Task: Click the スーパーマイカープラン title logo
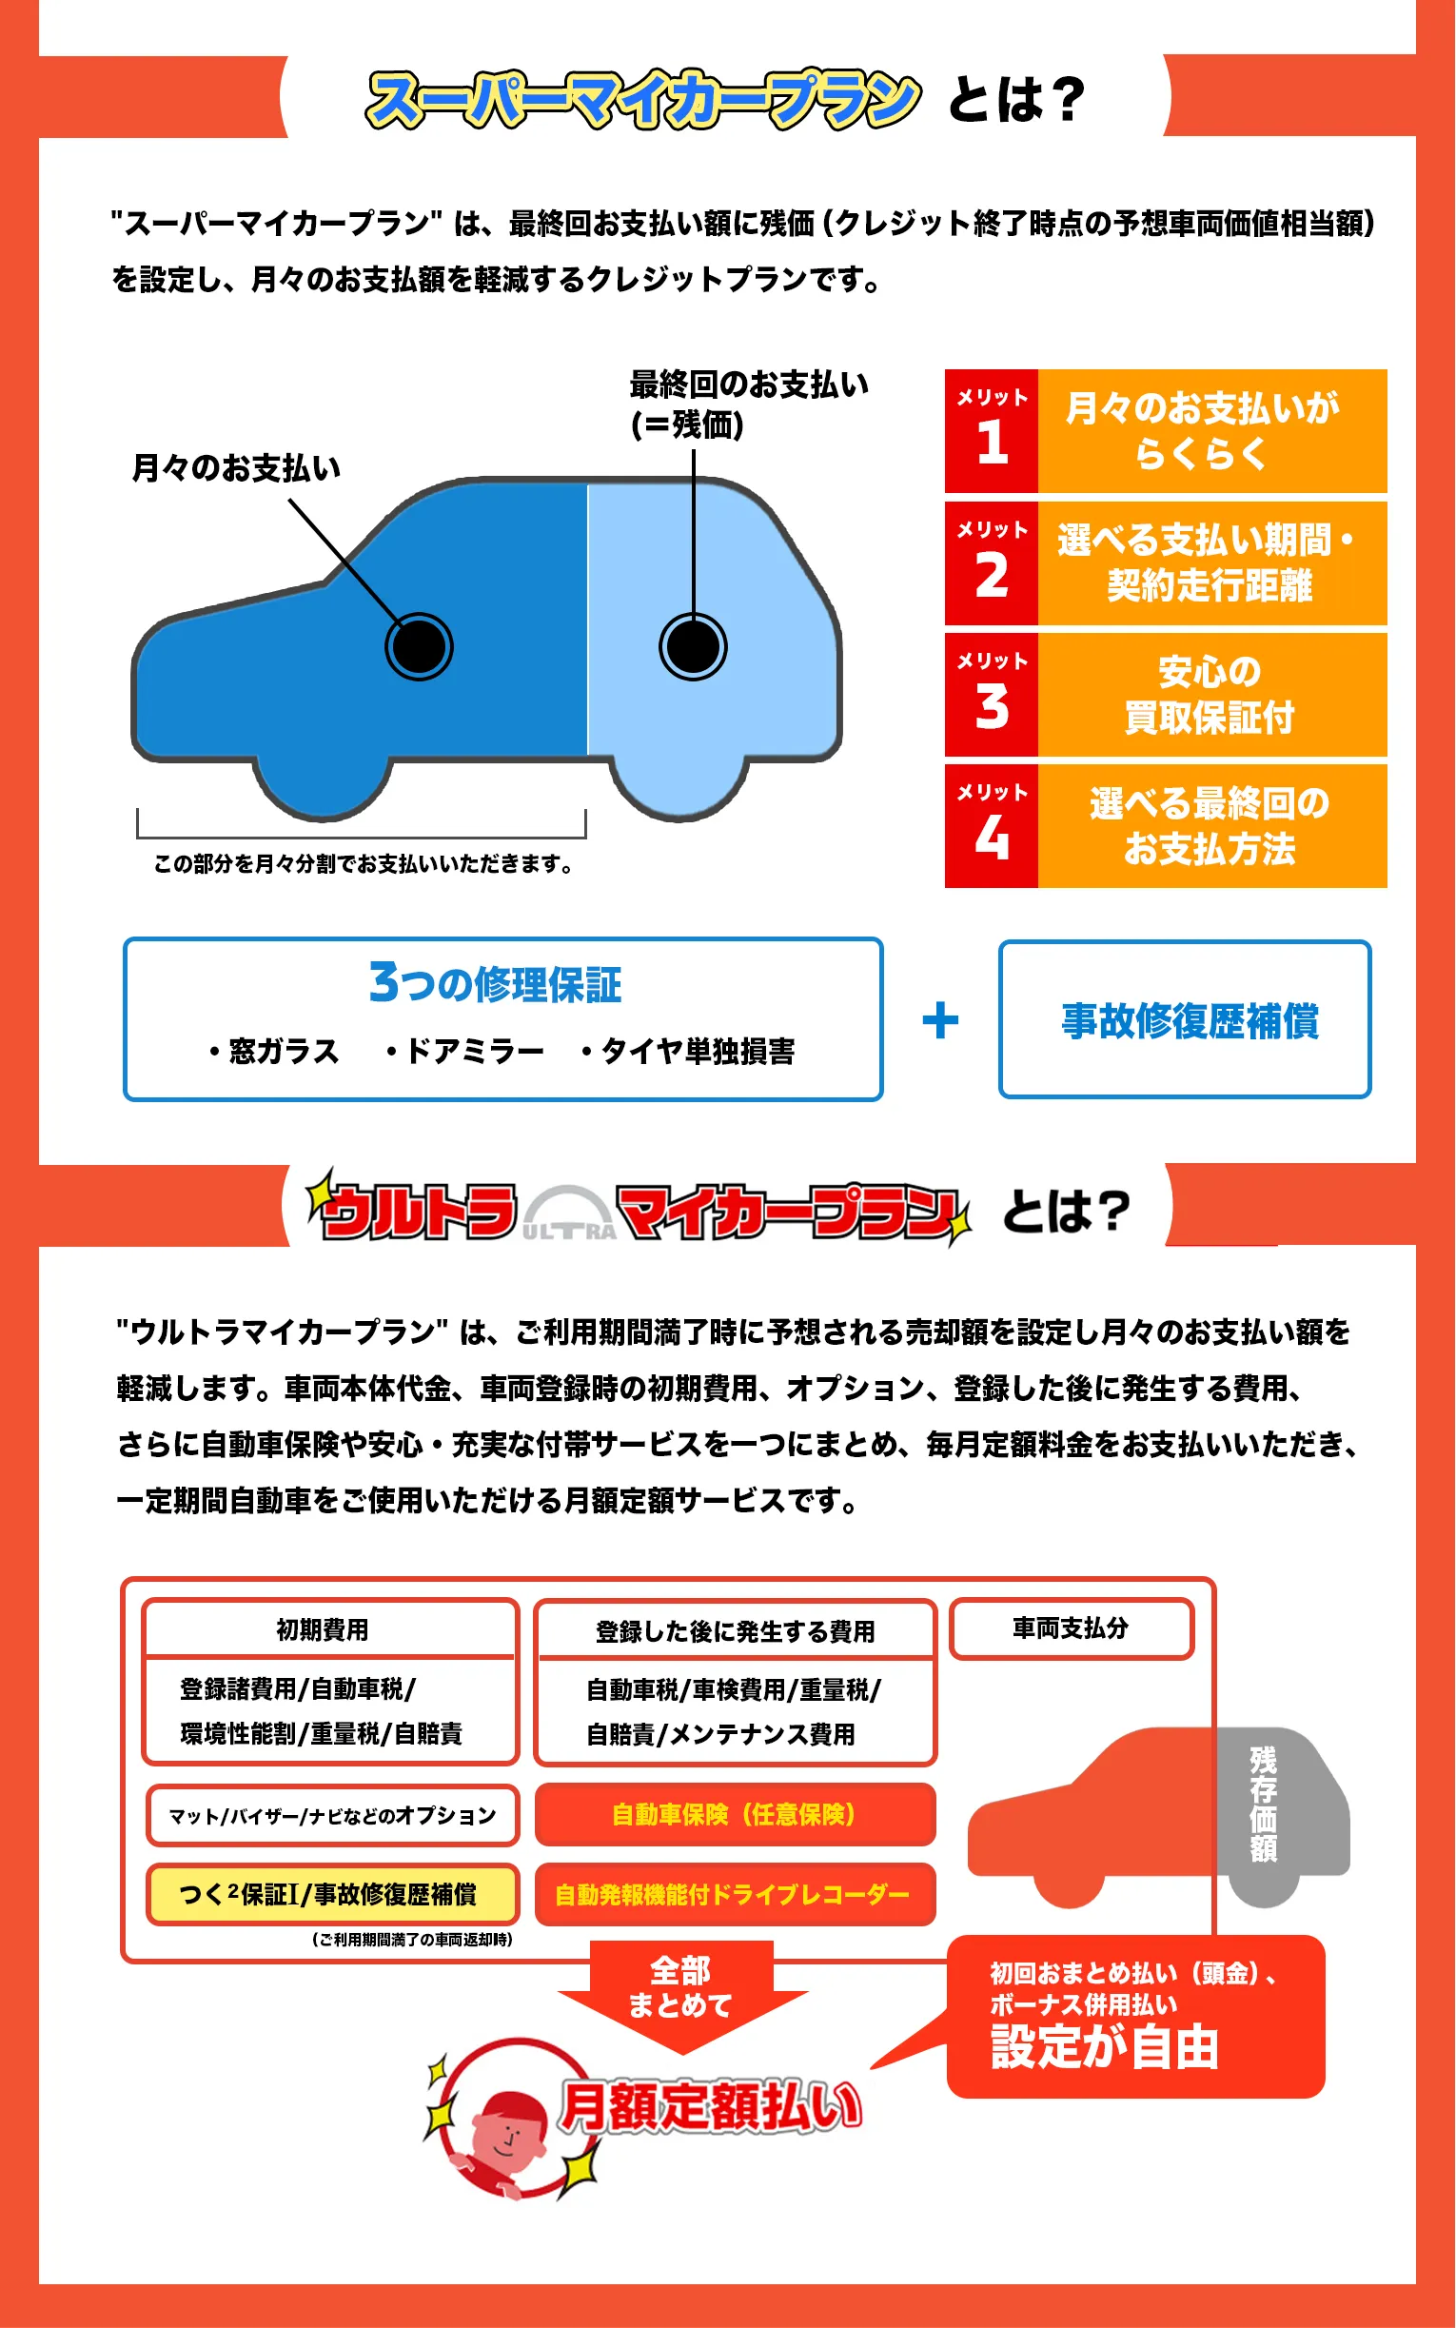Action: pos(642,99)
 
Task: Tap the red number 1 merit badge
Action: pos(991,431)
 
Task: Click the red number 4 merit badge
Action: pos(991,826)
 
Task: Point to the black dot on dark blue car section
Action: pos(419,646)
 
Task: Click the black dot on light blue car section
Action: pos(693,646)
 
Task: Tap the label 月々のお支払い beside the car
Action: pos(236,468)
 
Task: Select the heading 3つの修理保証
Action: pos(495,984)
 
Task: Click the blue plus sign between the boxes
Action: pos(940,1020)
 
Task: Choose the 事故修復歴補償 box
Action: pos(1185,1019)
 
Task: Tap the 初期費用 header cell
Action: pos(323,1629)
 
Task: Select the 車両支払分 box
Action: pos(1071,1628)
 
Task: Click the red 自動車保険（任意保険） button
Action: pos(735,1814)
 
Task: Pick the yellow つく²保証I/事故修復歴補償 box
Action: pos(330,1894)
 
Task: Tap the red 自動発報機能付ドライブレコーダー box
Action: pos(735,1894)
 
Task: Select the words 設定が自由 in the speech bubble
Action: pos(1105,2047)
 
